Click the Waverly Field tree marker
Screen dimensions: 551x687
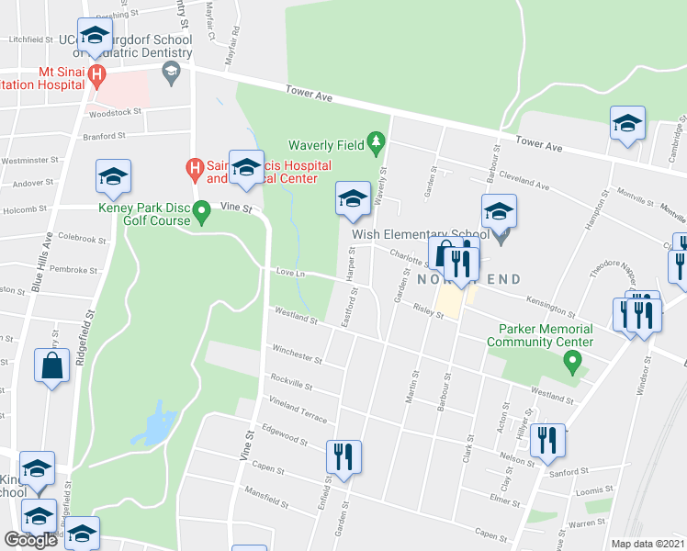(x=375, y=141)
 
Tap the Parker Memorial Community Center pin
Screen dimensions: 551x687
(x=573, y=365)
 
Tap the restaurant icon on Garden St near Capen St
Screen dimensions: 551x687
(x=343, y=456)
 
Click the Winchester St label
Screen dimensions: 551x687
(x=298, y=354)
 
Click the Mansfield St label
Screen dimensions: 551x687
(x=264, y=500)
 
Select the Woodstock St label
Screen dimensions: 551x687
(x=114, y=111)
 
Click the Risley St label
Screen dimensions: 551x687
(x=428, y=311)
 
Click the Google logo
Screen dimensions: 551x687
(x=30, y=540)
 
